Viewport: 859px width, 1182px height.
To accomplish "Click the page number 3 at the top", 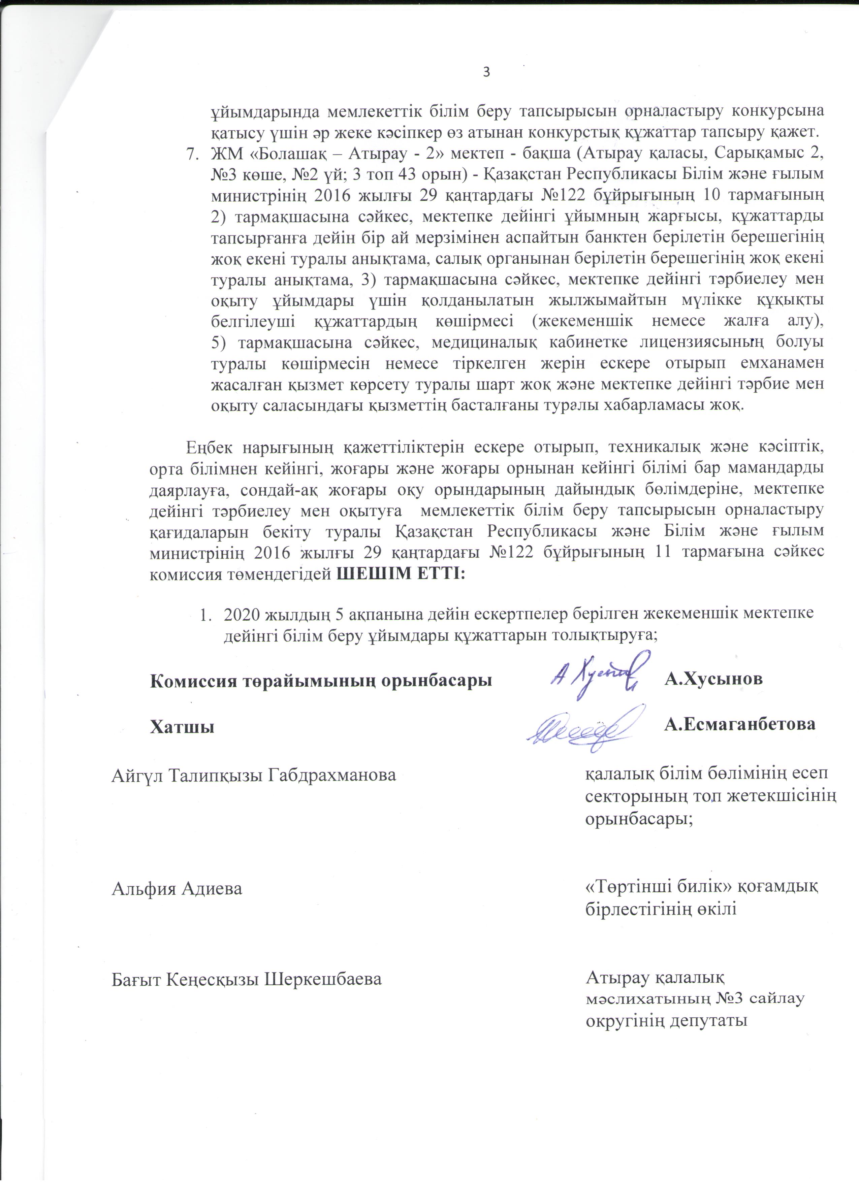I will click(x=486, y=72).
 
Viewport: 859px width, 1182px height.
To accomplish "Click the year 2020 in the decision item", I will click(x=243, y=614).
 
